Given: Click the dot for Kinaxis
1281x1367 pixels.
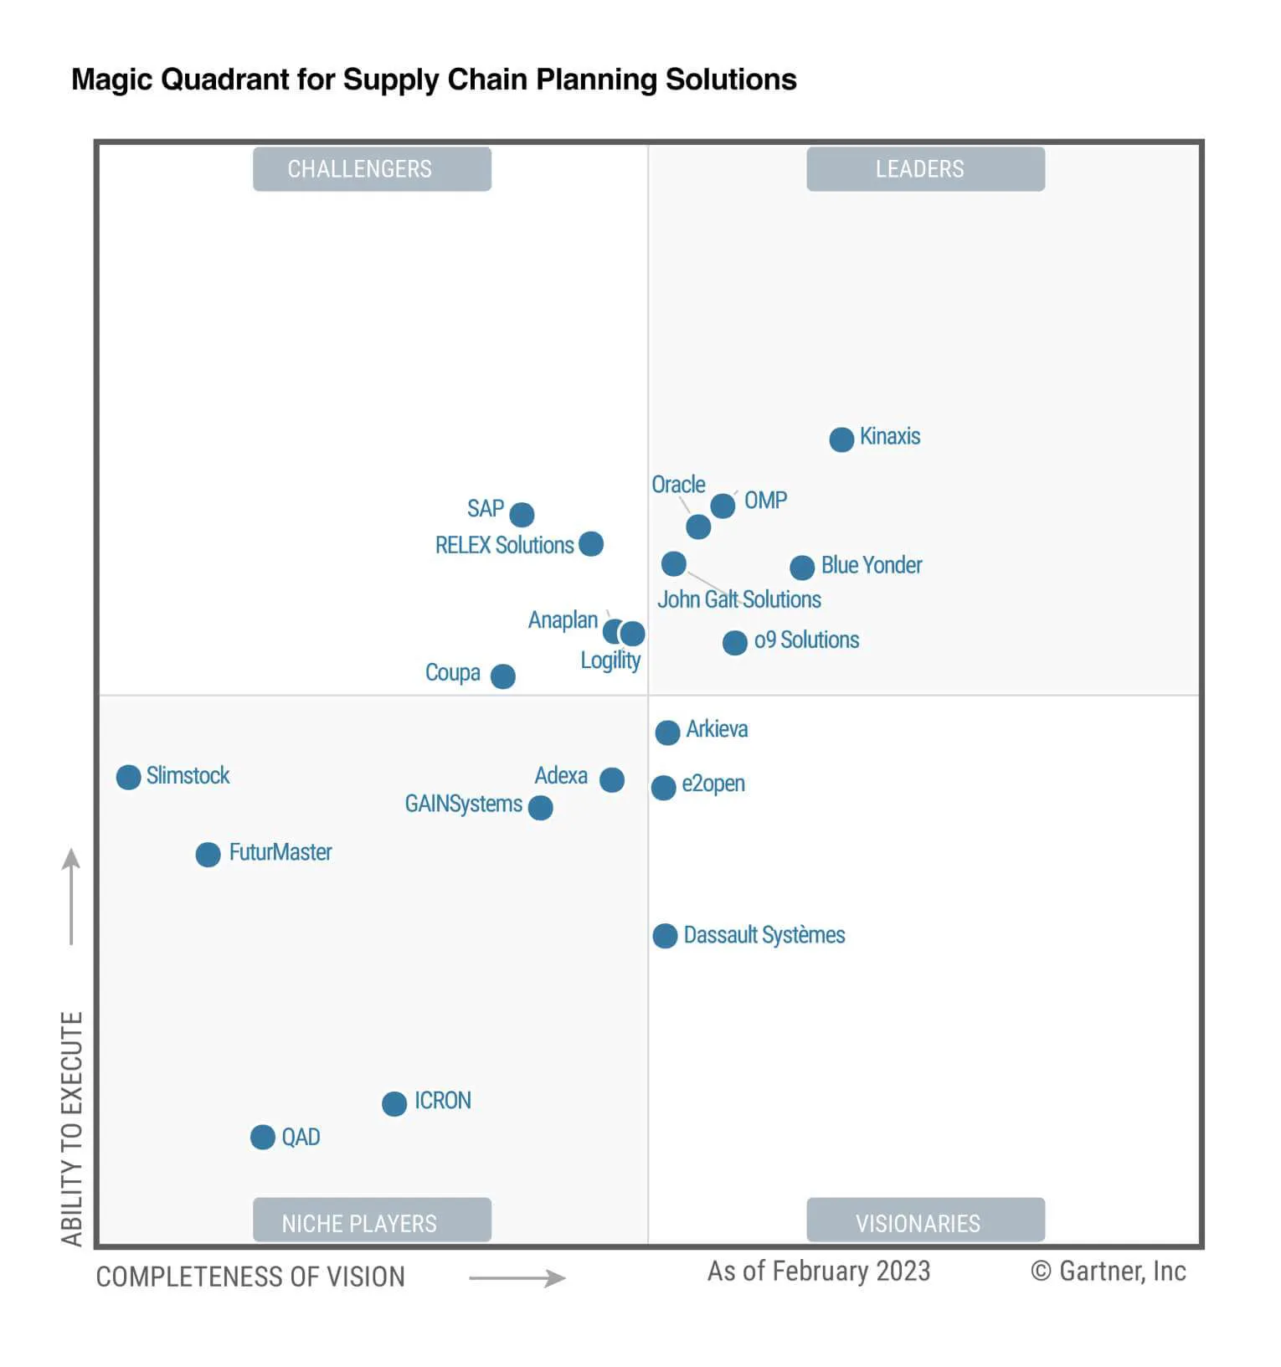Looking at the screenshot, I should [841, 439].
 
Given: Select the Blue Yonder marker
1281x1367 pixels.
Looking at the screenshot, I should [802, 568].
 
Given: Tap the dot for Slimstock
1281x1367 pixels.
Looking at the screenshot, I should [128, 777].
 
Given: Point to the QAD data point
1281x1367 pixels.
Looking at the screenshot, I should [263, 1137].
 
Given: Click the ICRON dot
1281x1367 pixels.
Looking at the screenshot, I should [394, 1103].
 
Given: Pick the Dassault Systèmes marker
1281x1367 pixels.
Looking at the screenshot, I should [665, 936].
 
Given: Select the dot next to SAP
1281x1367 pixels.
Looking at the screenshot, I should [522, 514].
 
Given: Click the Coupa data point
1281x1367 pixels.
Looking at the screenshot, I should [502, 676].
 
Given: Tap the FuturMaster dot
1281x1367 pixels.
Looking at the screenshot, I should [208, 855].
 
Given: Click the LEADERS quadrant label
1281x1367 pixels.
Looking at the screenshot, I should [925, 169].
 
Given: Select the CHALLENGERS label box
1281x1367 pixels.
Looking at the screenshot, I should [372, 169].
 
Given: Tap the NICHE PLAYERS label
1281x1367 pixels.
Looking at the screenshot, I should [372, 1221].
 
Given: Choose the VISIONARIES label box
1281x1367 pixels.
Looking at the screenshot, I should [925, 1221].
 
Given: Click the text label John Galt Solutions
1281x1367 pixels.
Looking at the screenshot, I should [738, 599].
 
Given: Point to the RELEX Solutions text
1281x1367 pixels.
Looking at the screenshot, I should [504, 545].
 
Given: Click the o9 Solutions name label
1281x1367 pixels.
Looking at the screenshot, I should [806, 640].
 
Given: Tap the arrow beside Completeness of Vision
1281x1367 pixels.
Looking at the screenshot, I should [517, 1277].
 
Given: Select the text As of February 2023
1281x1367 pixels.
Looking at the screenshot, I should [818, 1271].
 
